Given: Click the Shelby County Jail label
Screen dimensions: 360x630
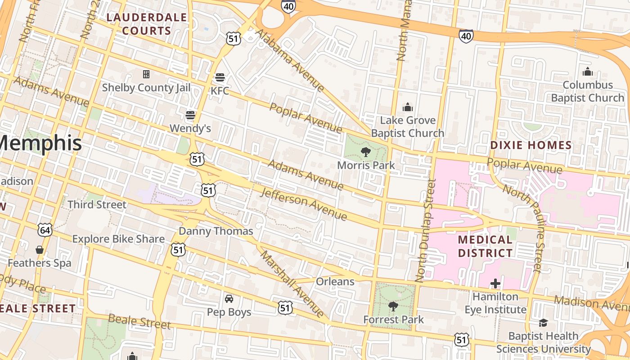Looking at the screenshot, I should click(x=146, y=87).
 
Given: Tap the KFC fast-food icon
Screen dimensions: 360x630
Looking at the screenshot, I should click(x=220, y=77).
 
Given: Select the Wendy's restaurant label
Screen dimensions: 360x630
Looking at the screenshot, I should click(x=190, y=128).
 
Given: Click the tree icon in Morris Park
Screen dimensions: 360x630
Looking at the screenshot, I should click(x=366, y=152).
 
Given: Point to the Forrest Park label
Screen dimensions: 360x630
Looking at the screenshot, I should click(x=393, y=319).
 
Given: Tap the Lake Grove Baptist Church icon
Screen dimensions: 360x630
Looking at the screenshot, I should click(x=408, y=107).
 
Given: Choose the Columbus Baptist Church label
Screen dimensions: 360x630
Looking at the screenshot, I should click(x=588, y=91).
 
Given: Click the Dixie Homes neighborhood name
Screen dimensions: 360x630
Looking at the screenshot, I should click(x=531, y=145).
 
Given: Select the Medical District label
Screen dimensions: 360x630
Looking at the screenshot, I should click(x=485, y=246).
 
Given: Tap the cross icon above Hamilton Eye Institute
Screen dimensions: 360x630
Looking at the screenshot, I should click(x=495, y=283).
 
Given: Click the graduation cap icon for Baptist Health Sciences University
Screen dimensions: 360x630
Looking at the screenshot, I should click(x=543, y=323).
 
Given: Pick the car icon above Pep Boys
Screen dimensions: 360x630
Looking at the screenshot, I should click(x=229, y=299).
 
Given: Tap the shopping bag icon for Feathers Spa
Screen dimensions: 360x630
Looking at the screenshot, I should click(x=40, y=250).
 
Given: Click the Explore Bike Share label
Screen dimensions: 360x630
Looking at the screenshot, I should click(x=118, y=239).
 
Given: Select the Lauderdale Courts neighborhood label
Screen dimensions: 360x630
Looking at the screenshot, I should click(x=147, y=24).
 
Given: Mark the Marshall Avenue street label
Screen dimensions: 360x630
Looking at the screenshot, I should click(x=292, y=284).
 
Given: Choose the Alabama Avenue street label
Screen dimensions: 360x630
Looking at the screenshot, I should click(x=290, y=60).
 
